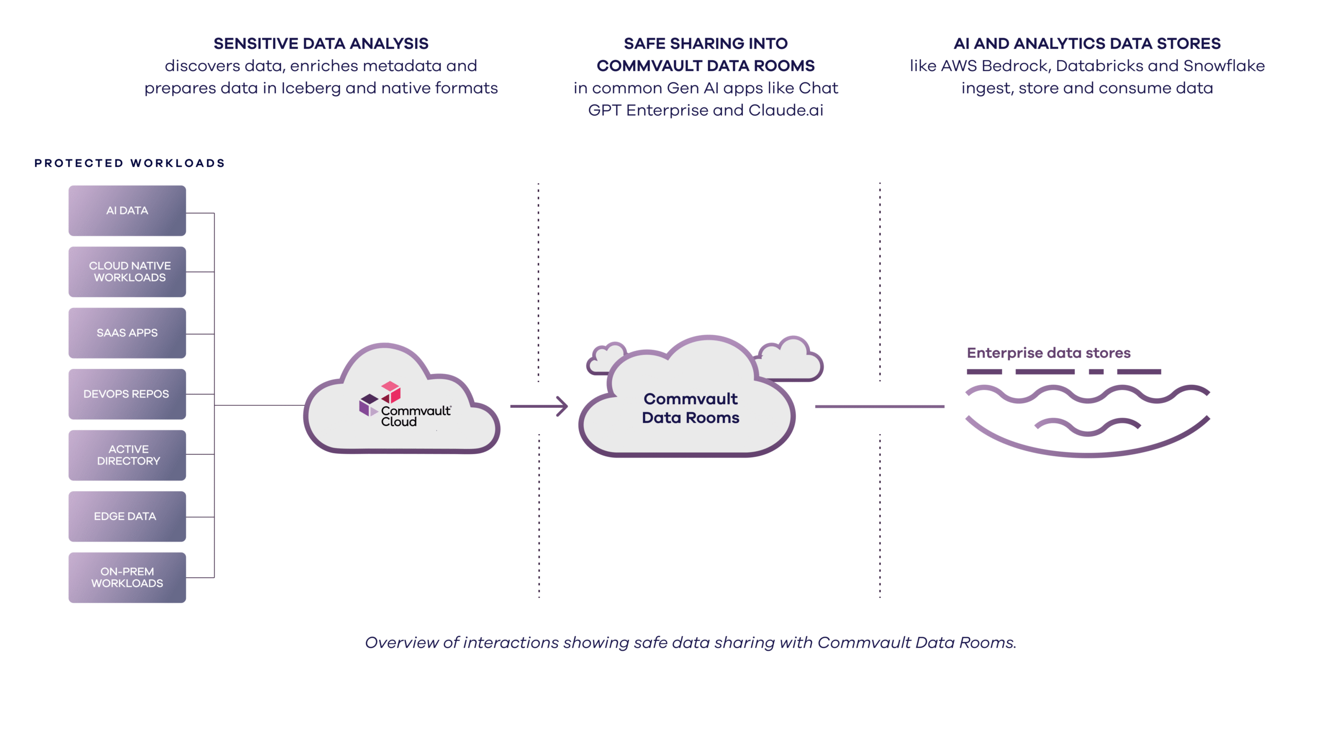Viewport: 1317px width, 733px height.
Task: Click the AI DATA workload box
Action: coord(127,210)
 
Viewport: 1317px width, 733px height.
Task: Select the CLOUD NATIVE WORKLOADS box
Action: coord(127,272)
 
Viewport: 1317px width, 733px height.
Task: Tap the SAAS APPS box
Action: coord(127,333)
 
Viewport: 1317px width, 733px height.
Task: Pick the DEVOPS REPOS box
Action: coord(127,394)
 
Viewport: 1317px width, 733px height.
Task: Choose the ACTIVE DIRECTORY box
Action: coord(127,455)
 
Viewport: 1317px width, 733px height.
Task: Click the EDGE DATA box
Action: coord(127,516)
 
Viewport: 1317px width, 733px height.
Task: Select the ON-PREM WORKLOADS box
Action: coord(127,578)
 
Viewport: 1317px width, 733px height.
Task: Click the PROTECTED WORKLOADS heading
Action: coord(130,163)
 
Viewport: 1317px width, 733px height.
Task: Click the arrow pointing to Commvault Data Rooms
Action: coord(539,406)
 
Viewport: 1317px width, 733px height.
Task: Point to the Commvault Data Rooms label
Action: coord(690,408)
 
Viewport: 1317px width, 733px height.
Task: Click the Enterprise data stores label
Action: coord(1048,353)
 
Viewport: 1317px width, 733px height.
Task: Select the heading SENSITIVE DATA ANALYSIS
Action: coord(321,44)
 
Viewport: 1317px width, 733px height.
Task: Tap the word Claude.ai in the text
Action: coord(786,111)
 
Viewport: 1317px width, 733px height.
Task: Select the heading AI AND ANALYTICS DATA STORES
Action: coord(1087,44)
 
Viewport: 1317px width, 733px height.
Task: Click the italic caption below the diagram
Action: coord(690,642)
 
